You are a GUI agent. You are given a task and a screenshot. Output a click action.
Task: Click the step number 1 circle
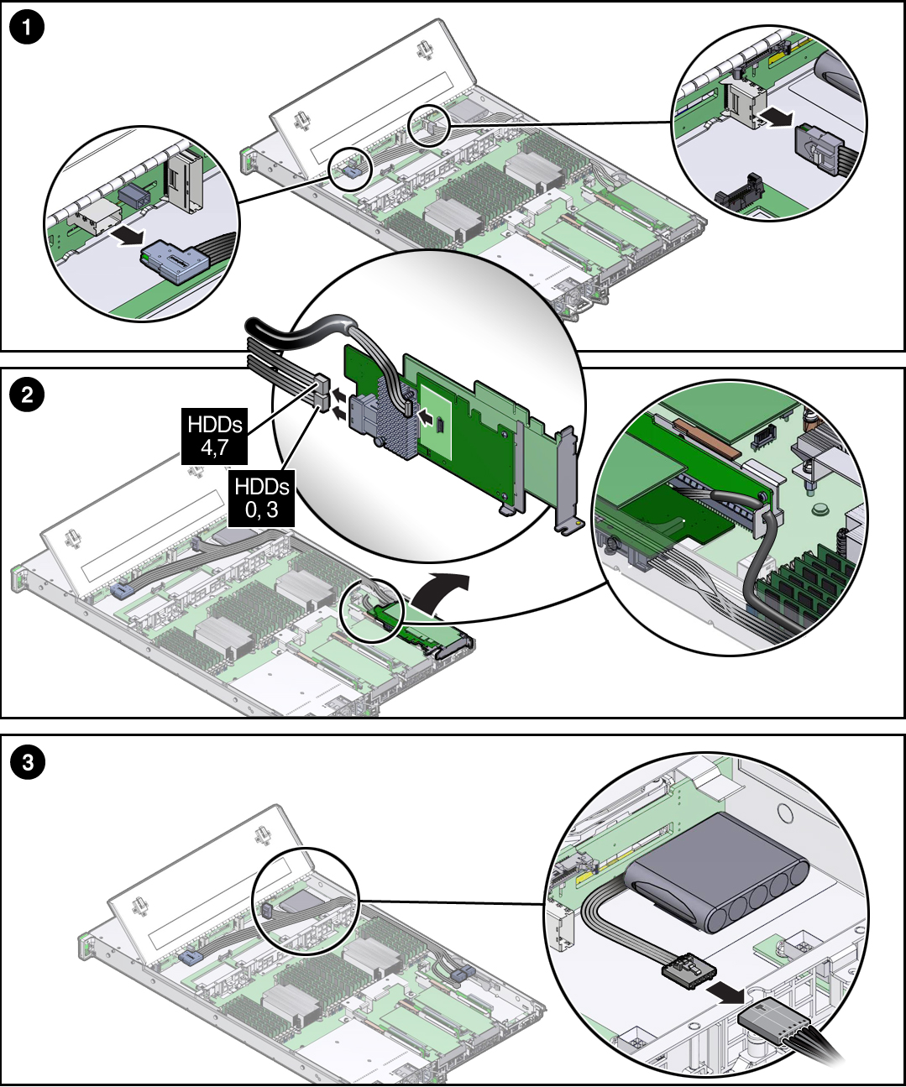coord(27,28)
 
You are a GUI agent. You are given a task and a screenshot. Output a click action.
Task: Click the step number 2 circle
coord(27,394)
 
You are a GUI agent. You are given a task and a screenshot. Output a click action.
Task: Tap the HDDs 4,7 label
coord(215,436)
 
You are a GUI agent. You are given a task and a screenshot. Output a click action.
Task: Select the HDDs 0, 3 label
coord(262,498)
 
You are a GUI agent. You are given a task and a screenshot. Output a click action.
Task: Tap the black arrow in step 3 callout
coord(724,993)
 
